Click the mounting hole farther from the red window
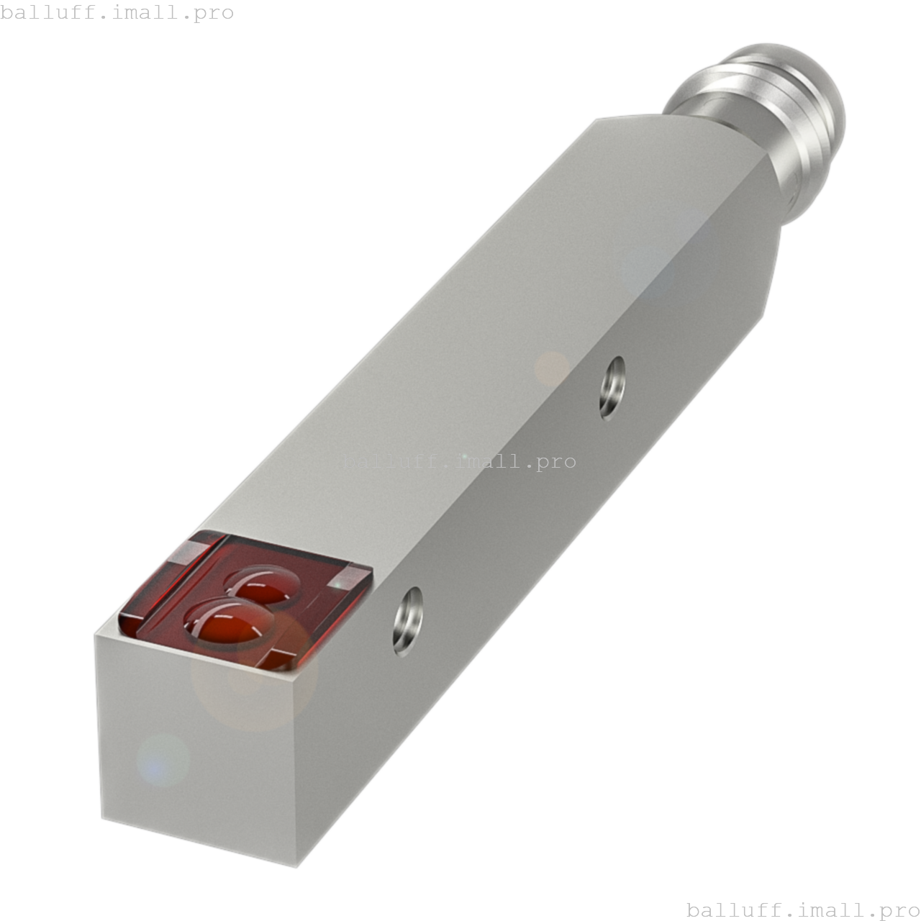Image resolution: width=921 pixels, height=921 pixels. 612,387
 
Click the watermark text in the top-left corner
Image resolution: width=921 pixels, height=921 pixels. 117,13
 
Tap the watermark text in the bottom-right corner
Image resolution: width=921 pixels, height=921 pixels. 803,909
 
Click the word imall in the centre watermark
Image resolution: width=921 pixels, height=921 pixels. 484,460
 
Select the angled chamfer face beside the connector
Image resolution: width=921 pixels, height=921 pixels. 770,237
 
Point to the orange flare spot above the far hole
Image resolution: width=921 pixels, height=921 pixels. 553,368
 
